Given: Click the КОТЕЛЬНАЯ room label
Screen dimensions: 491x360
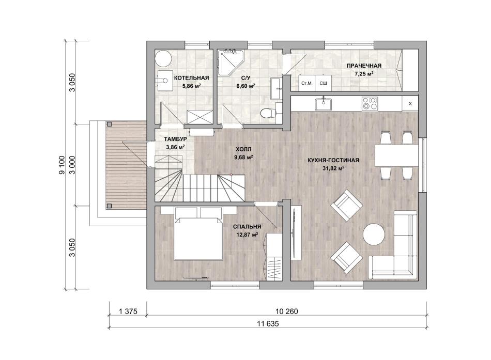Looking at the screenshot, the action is click(x=191, y=78).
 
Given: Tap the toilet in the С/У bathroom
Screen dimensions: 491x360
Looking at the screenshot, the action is click(x=268, y=112).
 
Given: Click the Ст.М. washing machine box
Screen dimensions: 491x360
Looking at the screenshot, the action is click(x=306, y=83).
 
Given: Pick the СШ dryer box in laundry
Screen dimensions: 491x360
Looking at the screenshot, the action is click(x=323, y=83).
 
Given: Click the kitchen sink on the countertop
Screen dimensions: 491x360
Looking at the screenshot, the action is click(x=324, y=104).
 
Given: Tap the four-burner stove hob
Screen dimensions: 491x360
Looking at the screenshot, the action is click(x=370, y=104).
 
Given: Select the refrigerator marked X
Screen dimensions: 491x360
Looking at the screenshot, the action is click(x=410, y=104).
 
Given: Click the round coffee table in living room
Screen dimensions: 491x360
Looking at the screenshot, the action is click(x=374, y=234).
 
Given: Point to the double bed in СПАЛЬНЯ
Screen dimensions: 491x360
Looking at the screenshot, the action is click(x=198, y=233).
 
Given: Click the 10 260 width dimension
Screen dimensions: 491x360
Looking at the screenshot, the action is click(x=286, y=311).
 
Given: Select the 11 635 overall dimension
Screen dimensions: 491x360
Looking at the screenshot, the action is click(x=268, y=324).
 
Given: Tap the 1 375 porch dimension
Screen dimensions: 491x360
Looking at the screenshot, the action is click(x=128, y=311).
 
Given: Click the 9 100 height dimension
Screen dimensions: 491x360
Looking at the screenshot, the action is click(x=62, y=165).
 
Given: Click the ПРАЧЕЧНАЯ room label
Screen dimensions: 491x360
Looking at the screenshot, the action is click(x=364, y=66).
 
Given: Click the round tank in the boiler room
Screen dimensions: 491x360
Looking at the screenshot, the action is click(x=163, y=58).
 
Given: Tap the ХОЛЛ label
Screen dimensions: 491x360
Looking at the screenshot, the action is click(x=243, y=150).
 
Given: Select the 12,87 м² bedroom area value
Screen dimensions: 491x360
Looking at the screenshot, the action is click(x=248, y=234).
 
